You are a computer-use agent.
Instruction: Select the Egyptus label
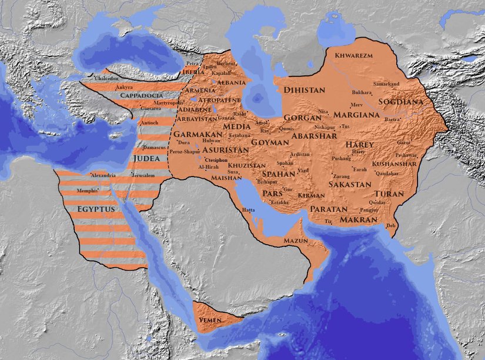pyautogui.click(x=97, y=209)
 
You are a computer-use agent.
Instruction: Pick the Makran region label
pyautogui.click(x=358, y=219)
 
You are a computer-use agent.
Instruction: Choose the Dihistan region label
pyautogui.click(x=304, y=90)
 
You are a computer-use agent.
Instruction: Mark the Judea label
pyautogui.click(x=146, y=158)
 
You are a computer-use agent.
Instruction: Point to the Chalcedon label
pyautogui.click(x=106, y=78)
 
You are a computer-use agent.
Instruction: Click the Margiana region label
pyautogui.click(x=357, y=115)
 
